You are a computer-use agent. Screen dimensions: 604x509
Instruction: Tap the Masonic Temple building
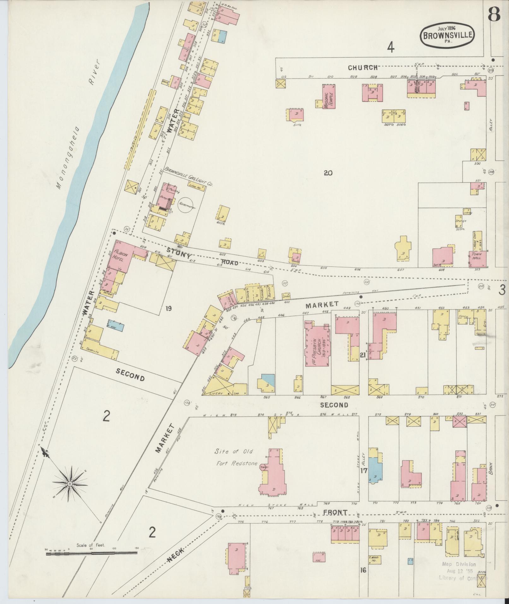coord(328,96)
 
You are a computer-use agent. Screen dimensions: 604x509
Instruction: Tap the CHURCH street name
coord(363,68)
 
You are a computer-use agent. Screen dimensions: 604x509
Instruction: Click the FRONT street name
coord(335,512)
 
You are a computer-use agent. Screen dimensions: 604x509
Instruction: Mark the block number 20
coord(328,173)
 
